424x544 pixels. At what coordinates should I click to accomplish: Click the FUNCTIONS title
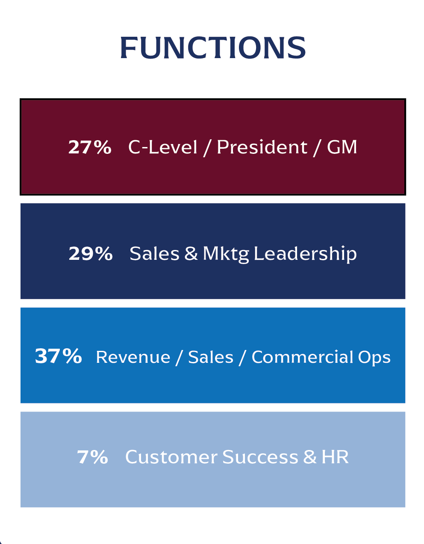pyautogui.click(x=212, y=47)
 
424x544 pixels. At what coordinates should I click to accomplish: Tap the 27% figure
pyautogui.click(x=90, y=147)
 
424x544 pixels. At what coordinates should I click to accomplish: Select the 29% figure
pyautogui.click(x=91, y=254)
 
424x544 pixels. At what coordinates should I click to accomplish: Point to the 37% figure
pyautogui.click(x=58, y=356)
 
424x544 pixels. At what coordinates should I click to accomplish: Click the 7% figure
pyautogui.click(x=92, y=457)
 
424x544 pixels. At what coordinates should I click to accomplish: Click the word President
pyautogui.click(x=262, y=147)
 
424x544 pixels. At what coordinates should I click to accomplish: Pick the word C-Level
pyautogui.click(x=163, y=147)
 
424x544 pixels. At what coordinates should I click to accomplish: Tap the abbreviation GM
pyautogui.click(x=342, y=147)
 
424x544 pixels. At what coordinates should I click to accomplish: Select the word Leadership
pyautogui.click(x=305, y=254)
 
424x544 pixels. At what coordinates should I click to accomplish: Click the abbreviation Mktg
pyautogui.click(x=226, y=254)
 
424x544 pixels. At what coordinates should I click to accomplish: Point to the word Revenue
pyautogui.click(x=133, y=357)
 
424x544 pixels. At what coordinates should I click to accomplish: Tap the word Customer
pyautogui.click(x=171, y=457)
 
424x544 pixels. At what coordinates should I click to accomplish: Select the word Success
pyautogui.click(x=260, y=457)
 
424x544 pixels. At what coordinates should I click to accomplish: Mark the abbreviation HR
pyautogui.click(x=335, y=457)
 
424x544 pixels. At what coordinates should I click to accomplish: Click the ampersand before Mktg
pyautogui.click(x=191, y=254)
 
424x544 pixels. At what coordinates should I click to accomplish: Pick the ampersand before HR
pyautogui.click(x=310, y=457)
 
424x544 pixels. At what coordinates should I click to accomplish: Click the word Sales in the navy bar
pyautogui.click(x=154, y=254)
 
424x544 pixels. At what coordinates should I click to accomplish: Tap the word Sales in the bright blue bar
pyautogui.click(x=211, y=357)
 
